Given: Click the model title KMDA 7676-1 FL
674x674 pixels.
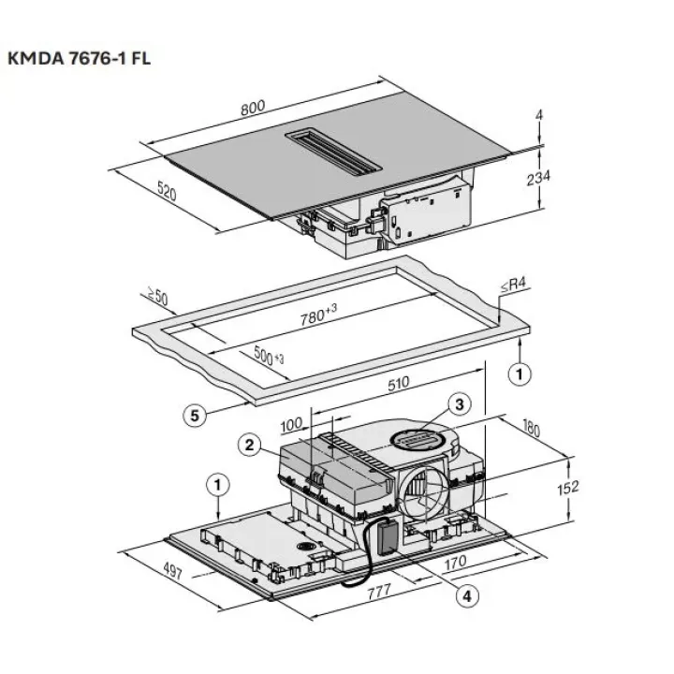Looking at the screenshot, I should coord(79,58).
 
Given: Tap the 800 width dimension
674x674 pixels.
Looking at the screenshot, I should coord(252,109).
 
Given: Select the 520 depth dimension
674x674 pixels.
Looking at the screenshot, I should coord(166,195).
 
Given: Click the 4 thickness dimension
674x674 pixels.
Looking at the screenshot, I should coord(540,115).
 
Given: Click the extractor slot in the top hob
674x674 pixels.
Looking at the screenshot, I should coord(333,151).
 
